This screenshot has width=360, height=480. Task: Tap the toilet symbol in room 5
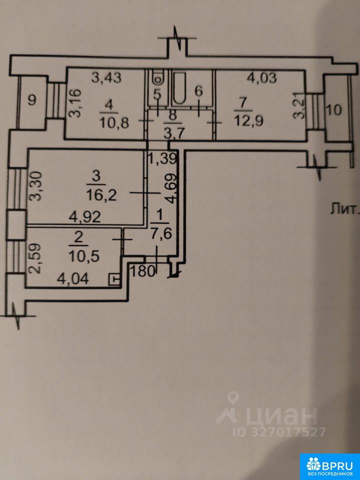(158, 78)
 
